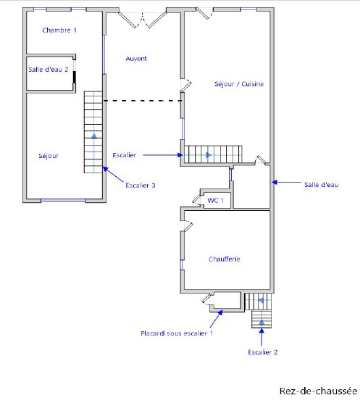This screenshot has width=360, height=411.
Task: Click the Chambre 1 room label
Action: coord(59,30)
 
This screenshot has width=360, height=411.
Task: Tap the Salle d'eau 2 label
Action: coord(49,70)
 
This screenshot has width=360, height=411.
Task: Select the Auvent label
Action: coord(136,59)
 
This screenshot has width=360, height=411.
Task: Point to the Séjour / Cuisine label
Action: coord(239,84)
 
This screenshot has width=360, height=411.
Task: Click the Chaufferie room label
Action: coord(225,259)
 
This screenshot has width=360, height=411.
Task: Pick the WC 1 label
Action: coord(216,201)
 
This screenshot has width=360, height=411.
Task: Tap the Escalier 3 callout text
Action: coord(141,186)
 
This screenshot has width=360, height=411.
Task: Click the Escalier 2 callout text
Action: coord(263,352)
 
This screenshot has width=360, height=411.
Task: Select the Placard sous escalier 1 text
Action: coord(177,333)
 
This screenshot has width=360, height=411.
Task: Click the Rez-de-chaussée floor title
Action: coord(318,391)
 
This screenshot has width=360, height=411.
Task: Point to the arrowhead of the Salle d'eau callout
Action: coord(274,182)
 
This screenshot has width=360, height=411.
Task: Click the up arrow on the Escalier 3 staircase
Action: coord(93,136)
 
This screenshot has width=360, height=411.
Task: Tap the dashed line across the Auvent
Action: coord(143,101)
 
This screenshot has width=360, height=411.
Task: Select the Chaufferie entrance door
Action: coord(187,226)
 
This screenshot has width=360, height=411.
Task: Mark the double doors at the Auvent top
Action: coord(143,19)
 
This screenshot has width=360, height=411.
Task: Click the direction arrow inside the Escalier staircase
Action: coord(209,155)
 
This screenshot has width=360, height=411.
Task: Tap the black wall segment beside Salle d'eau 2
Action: coord(75,77)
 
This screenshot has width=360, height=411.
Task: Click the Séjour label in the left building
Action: coord(49,156)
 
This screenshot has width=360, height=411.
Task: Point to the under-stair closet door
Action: coord(207,299)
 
